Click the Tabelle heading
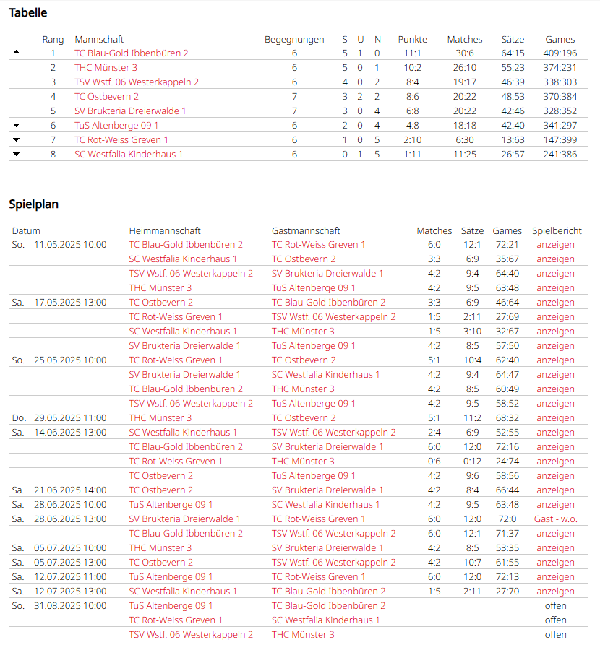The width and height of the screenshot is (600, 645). pyautogui.click(x=28, y=12)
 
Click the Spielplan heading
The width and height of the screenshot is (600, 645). pyautogui.click(x=34, y=204)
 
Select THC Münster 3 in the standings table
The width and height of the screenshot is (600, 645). pyautogui.click(x=106, y=67)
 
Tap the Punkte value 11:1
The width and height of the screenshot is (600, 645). pyautogui.click(x=412, y=53)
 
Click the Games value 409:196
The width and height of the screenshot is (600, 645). pyautogui.click(x=560, y=53)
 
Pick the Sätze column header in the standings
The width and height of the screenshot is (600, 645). pyautogui.click(x=513, y=40)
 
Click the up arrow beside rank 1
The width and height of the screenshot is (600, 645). pyautogui.click(x=17, y=53)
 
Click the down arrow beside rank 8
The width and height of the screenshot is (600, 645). pyautogui.click(x=17, y=154)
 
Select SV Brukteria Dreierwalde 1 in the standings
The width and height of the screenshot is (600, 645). pyautogui.click(x=130, y=111)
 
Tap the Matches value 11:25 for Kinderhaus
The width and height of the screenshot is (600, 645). pyautogui.click(x=464, y=154)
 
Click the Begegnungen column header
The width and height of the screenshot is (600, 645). pyautogui.click(x=294, y=40)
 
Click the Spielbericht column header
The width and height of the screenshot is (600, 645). pyautogui.click(x=557, y=231)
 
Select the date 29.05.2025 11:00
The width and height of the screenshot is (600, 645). pyautogui.click(x=70, y=417)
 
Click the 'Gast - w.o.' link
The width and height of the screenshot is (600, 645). pyautogui.click(x=555, y=519)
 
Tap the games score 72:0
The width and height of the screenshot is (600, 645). pyautogui.click(x=507, y=519)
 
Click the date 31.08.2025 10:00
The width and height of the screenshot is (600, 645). pyautogui.click(x=70, y=605)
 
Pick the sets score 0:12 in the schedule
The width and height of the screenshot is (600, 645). pyautogui.click(x=472, y=461)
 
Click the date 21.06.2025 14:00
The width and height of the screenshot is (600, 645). pyautogui.click(x=70, y=490)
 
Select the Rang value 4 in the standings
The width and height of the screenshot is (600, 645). pyautogui.click(x=53, y=96)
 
